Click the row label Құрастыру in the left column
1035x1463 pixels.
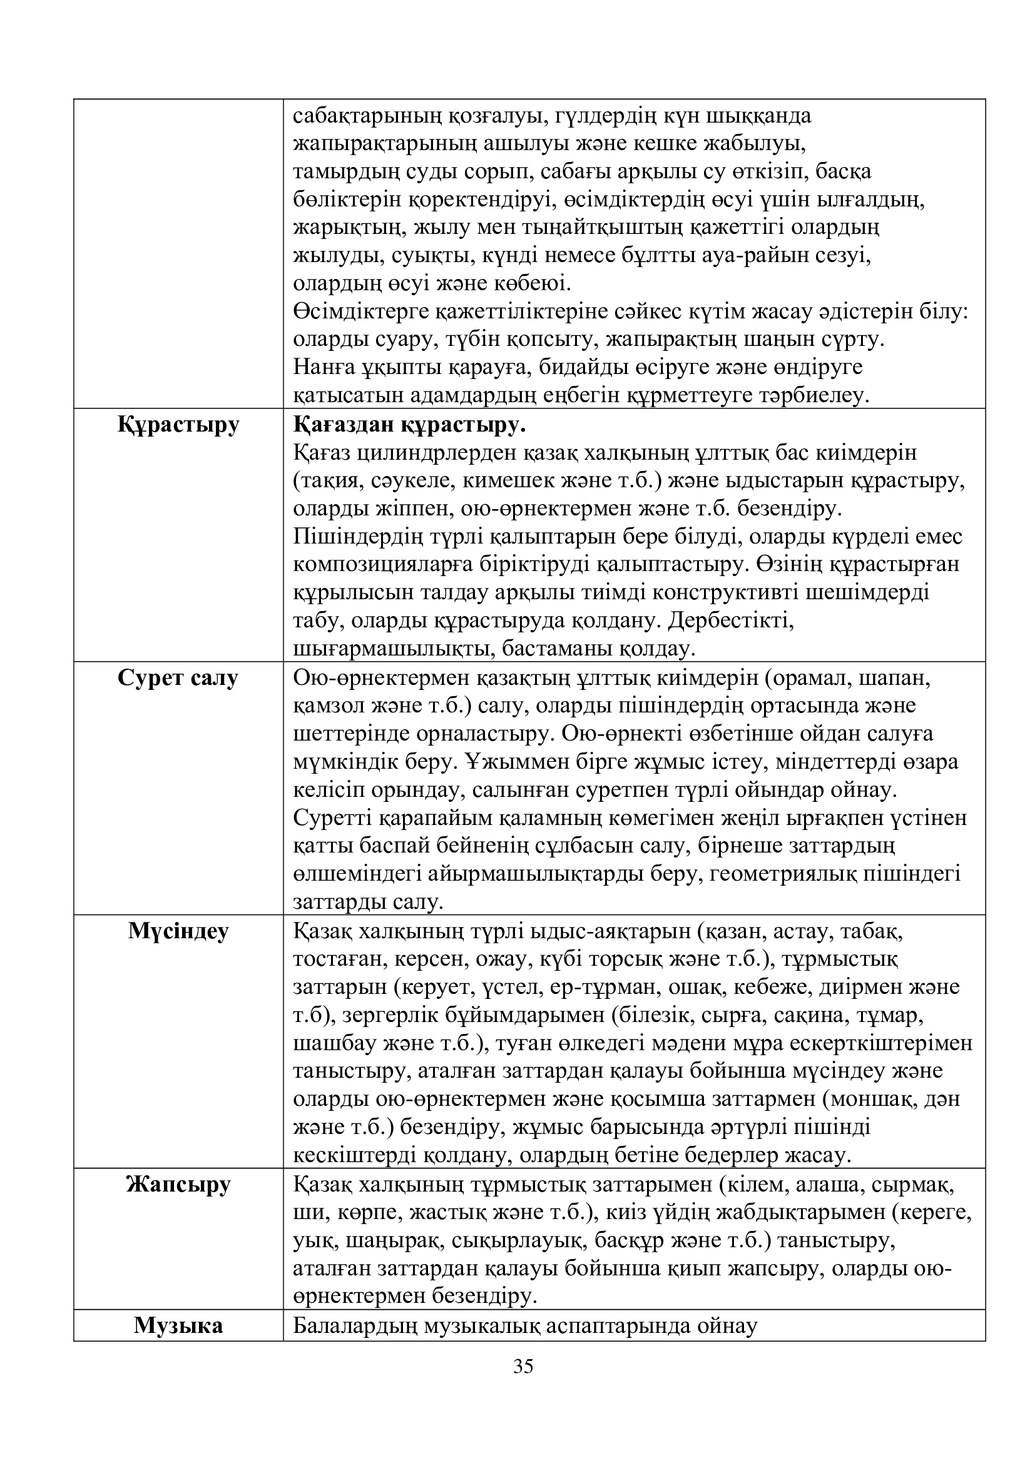tap(178, 424)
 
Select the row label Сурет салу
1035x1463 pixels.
tap(178, 678)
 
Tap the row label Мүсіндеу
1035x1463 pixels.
tap(178, 931)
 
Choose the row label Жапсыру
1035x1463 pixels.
tap(178, 1185)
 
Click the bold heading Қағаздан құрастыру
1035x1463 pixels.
tap(410, 424)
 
